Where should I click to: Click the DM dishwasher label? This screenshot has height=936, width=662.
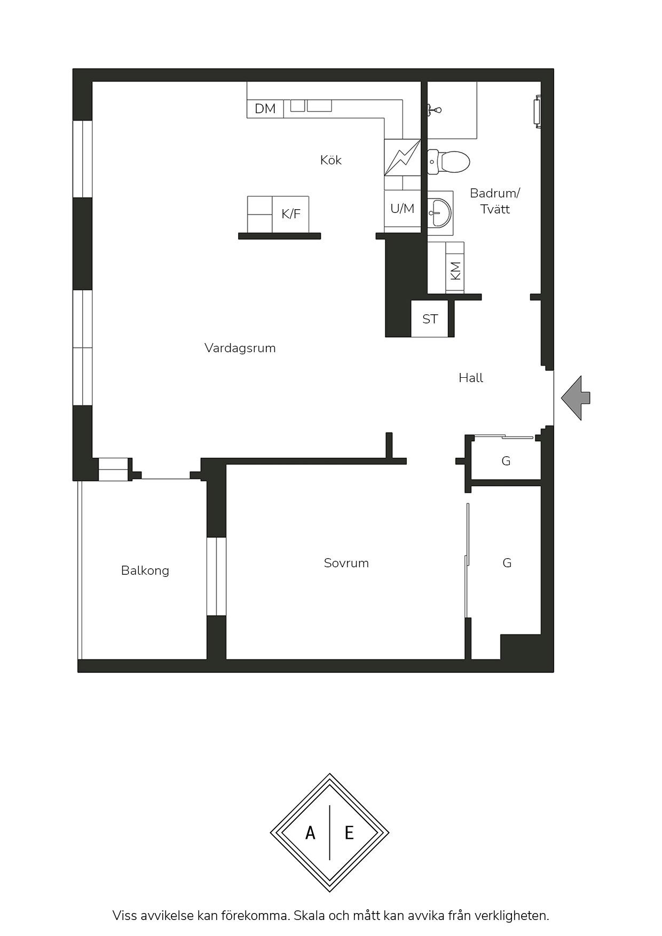(265, 109)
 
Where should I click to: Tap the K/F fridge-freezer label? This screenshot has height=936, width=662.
(291, 214)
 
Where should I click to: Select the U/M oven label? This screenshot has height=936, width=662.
(402, 209)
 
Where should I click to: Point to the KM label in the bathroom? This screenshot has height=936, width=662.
(455, 271)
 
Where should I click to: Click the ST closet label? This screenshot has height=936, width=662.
(430, 319)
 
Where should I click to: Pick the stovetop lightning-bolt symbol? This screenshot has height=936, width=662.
(402, 158)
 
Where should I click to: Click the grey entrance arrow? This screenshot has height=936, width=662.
(576, 398)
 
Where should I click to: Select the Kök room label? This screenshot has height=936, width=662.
(331, 160)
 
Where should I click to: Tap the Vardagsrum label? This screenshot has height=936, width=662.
(240, 348)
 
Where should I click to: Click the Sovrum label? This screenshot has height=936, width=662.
(346, 563)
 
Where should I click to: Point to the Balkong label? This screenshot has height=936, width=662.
(145, 571)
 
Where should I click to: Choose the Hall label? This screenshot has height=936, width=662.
(471, 378)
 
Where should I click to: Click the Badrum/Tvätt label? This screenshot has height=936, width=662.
(495, 201)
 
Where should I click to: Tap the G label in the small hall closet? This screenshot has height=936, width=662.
(506, 461)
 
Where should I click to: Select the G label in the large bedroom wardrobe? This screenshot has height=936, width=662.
(507, 563)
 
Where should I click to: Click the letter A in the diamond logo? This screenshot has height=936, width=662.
(310, 832)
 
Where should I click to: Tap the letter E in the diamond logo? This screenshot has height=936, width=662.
(349, 832)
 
